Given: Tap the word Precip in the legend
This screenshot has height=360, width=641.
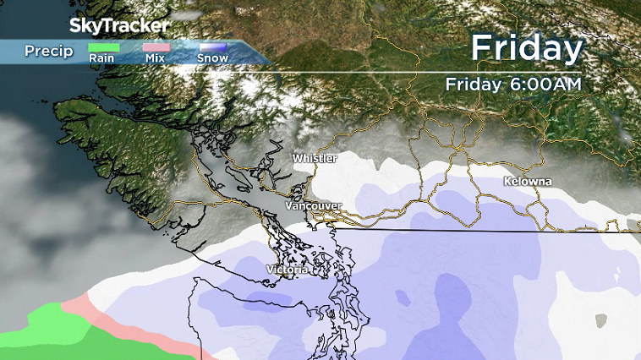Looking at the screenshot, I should (x=48, y=52).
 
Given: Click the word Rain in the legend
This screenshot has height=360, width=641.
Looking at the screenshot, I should (x=101, y=59).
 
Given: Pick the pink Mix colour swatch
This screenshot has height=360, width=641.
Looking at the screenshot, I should (x=154, y=48).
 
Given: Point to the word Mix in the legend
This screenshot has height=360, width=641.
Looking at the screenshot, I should (x=155, y=59).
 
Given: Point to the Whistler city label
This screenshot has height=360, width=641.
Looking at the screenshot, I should (x=315, y=159).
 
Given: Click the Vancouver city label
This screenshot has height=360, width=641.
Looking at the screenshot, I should (x=313, y=206).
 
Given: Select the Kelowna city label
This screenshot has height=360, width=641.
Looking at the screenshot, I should (x=527, y=183).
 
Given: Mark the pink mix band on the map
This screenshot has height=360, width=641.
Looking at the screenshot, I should (x=127, y=325).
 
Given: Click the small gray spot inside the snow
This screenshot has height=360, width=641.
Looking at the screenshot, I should (x=600, y=320).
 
